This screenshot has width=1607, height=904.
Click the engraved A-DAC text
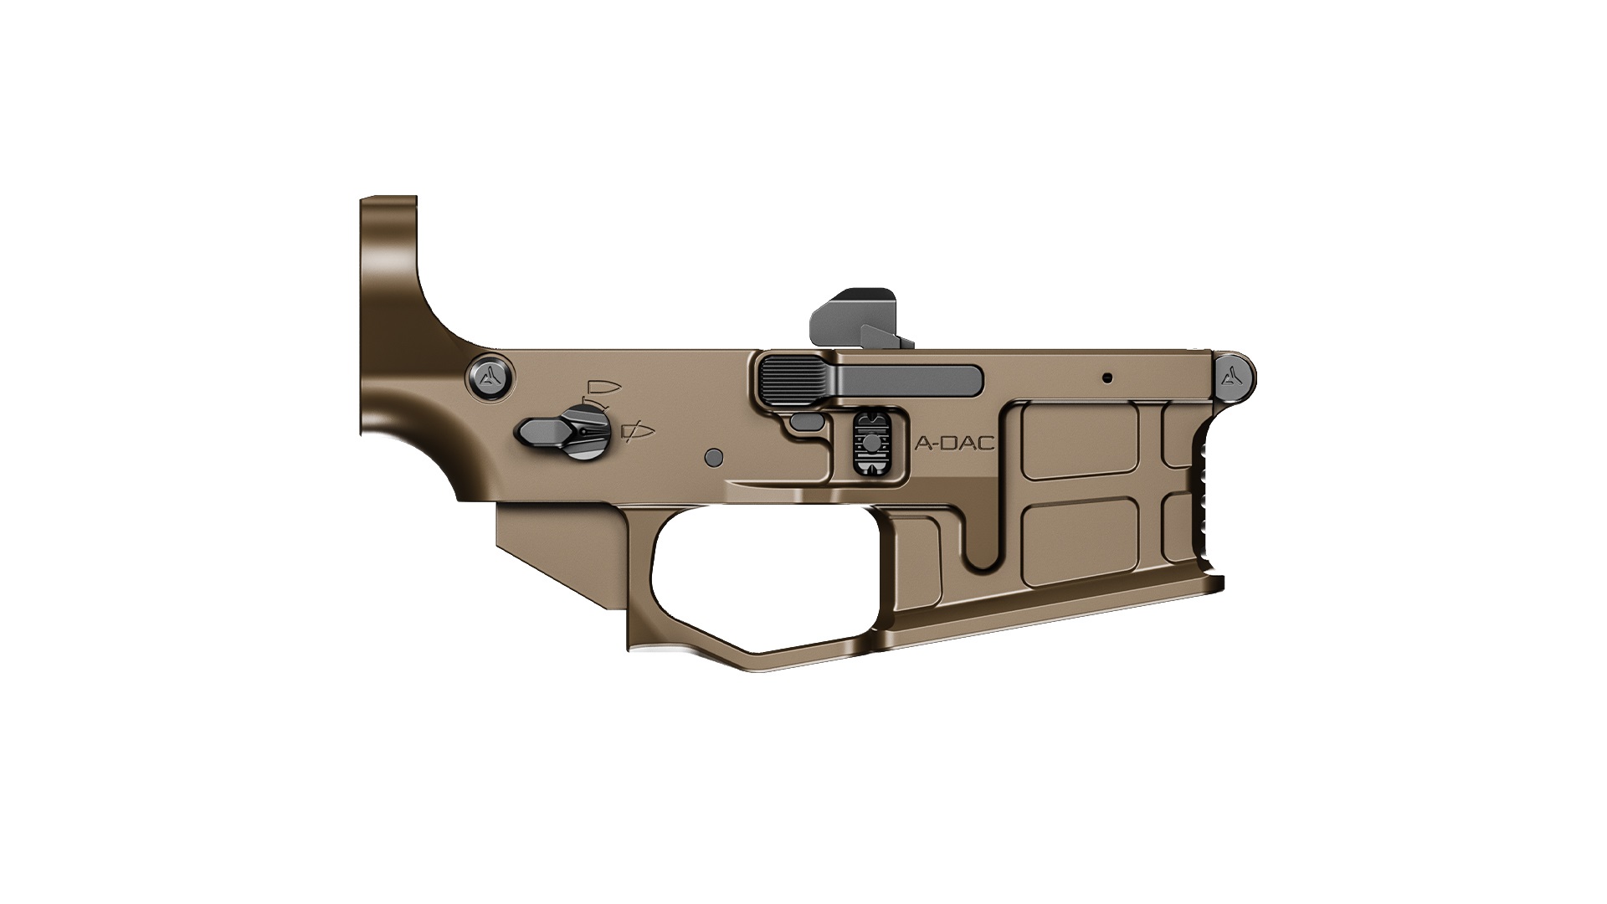click(x=955, y=444)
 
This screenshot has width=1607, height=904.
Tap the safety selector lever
click(x=544, y=432)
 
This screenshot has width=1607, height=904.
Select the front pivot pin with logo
click(x=1235, y=378)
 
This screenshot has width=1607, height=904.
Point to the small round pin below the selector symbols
click(x=714, y=456)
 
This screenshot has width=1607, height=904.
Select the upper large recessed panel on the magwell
click(x=1081, y=442)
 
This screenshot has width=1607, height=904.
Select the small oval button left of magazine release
click(x=808, y=422)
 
